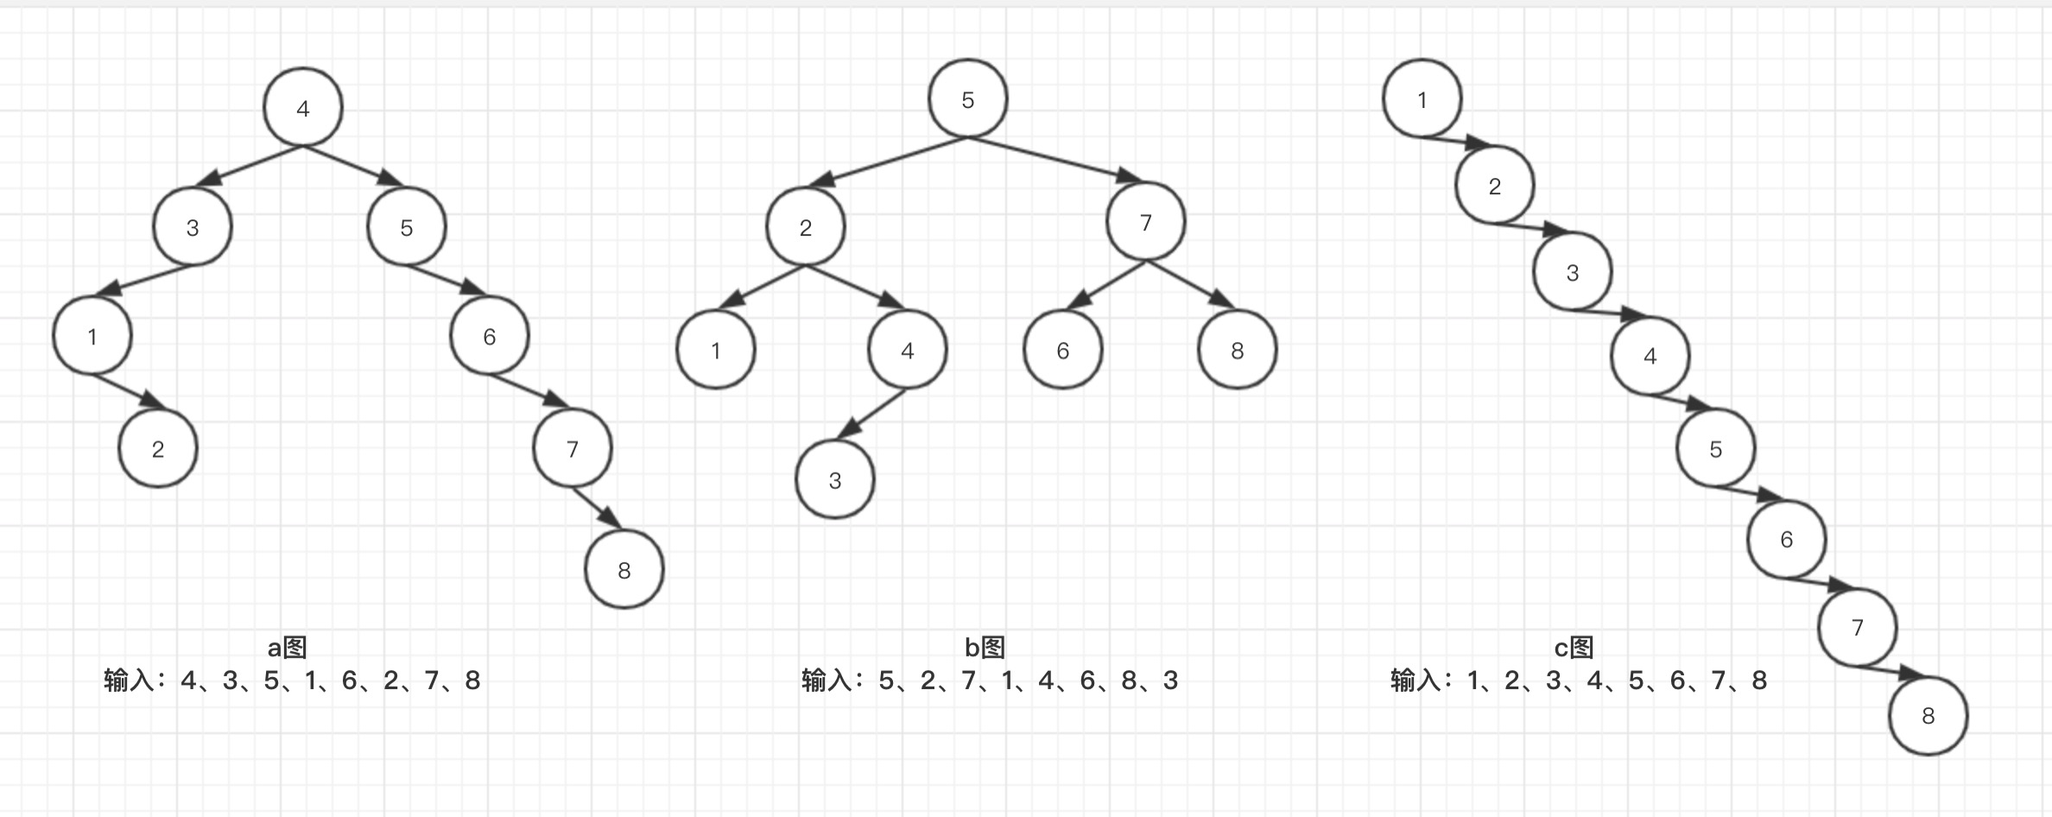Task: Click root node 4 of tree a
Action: [x=303, y=108]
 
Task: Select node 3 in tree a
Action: [x=193, y=227]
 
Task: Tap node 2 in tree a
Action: [x=158, y=449]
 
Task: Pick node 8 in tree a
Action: [x=624, y=570]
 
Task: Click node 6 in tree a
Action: [x=490, y=336]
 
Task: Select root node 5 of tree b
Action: [x=968, y=99]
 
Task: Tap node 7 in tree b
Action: [x=1146, y=223]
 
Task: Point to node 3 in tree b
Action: [x=835, y=480]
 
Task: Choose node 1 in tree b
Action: [x=716, y=351]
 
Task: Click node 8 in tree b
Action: [x=1238, y=351]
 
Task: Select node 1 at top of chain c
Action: [x=1422, y=99]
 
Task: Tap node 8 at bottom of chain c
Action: [x=1928, y=716]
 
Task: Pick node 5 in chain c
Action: [x=1716, y=449]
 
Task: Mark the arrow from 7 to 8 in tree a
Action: [x=597, y=508]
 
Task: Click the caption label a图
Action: [x=287, y=648]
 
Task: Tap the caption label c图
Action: [x=1574, y=648]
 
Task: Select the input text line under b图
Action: [x=990, y=681]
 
